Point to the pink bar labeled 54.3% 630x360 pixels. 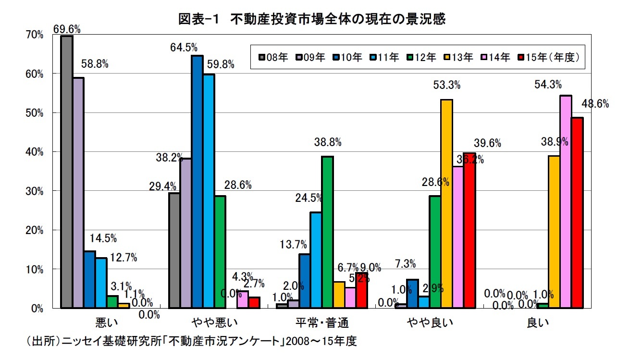566,201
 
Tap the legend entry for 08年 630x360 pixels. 272,57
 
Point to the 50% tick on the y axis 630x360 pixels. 36,113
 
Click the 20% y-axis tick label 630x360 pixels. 36,230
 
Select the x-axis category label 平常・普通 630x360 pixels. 322,321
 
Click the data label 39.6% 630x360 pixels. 487,143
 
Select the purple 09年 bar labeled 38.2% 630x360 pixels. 185,233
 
